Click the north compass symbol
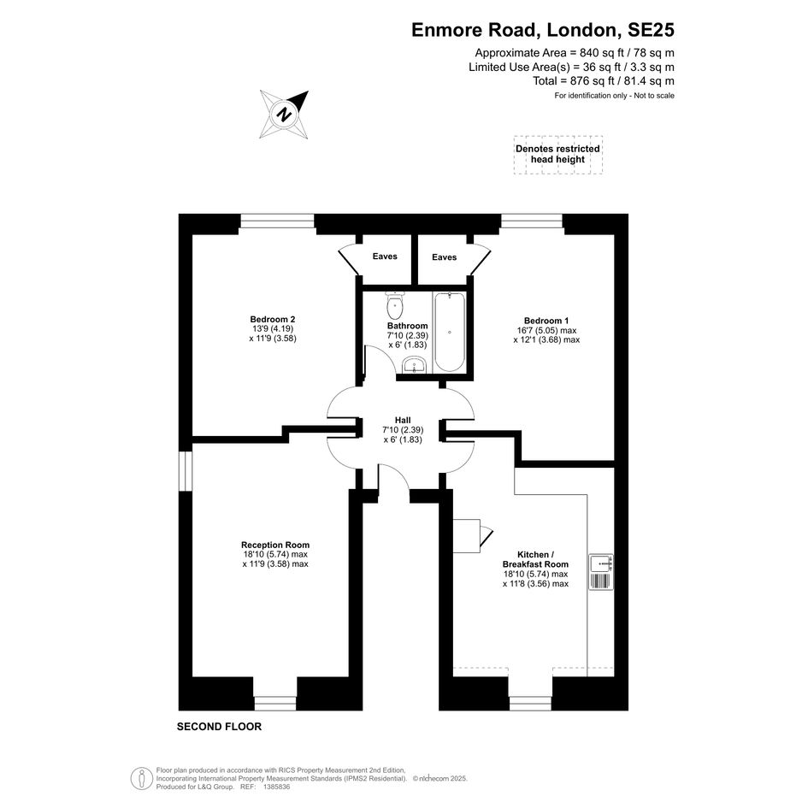284,114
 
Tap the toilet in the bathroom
395,305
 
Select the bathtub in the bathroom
450,332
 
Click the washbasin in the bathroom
414,365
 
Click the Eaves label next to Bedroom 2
385,257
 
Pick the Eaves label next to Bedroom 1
445,257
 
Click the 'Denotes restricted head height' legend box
558,154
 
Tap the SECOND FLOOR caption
219,727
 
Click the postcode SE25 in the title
651,30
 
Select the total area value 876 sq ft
589,81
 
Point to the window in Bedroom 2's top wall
277,221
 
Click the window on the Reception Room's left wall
186,471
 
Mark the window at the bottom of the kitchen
530,704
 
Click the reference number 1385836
277,787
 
